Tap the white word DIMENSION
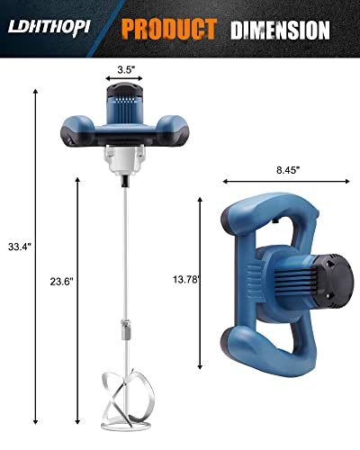pos(279,30)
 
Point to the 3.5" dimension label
pos(126,67)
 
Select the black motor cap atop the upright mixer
pos(126,90)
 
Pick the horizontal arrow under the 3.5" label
pos(126,79)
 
